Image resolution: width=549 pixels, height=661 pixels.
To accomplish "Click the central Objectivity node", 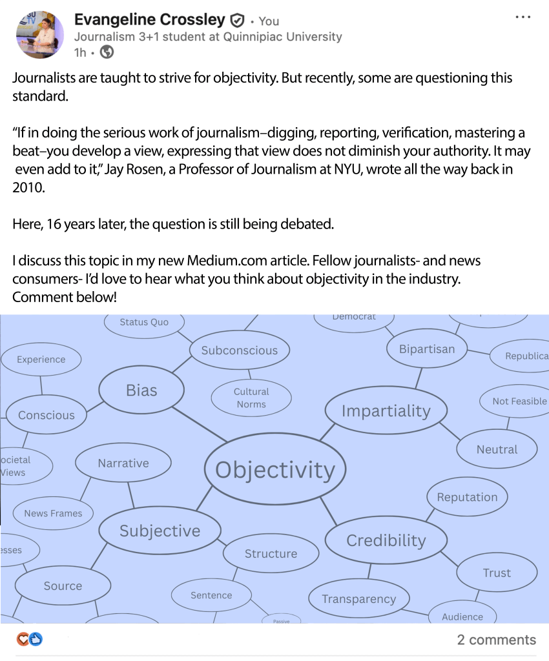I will click(x=274, y=469).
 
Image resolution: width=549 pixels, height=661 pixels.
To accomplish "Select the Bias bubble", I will click(x=141, y=391).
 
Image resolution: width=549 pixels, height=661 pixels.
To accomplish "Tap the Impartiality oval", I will click(x=385, y=411).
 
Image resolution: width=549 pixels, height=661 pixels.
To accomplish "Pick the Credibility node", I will click(x=386, y=540).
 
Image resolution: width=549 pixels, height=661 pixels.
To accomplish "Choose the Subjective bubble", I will click(x=160, y=531).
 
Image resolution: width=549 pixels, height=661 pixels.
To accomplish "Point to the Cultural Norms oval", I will click(x=251, y=398).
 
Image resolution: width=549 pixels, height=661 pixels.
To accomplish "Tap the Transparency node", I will click(x=358, y=599).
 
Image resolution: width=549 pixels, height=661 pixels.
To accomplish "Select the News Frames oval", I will click(x=53, y=513).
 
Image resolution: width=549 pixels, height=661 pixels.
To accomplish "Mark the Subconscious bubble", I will click(x=240, y=351).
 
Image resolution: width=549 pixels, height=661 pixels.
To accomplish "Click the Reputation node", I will click(x=467, y=497).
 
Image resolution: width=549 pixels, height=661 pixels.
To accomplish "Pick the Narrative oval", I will click(x=123, y=463).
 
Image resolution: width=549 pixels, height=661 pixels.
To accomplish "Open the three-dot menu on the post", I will click(x=523, y=17).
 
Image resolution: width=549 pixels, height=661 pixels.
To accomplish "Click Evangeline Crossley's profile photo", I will click(x=39, y=34).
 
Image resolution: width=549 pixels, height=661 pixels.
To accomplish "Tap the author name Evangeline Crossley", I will click(x=149, y=20).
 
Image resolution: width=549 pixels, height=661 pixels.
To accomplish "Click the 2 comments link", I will click(x=496, y=640).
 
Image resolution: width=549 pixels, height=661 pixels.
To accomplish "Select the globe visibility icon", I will click(x=107, y=52).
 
